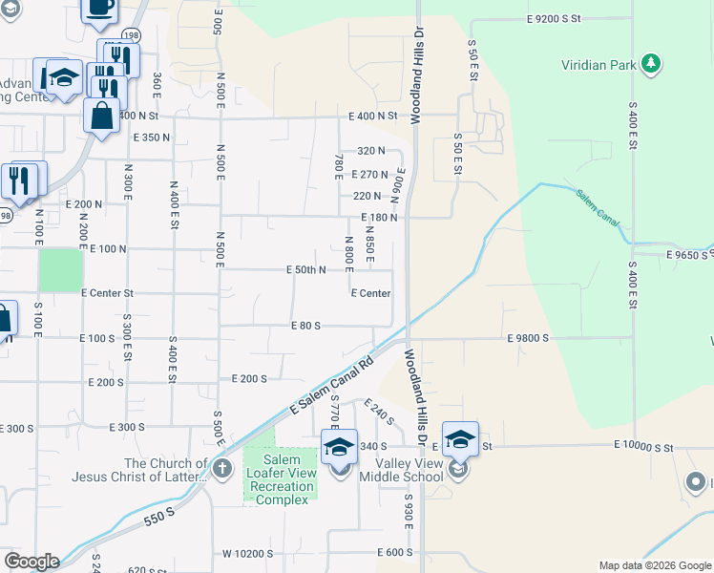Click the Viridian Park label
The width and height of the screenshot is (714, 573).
597,65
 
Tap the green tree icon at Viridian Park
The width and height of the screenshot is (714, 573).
651,64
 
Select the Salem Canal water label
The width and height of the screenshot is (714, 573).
598,208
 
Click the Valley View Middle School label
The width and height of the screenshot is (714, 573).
401,470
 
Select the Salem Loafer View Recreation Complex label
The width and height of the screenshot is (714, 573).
280,479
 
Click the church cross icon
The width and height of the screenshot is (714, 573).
221,468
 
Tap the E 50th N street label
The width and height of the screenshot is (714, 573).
306,270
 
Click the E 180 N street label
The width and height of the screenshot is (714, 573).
379,218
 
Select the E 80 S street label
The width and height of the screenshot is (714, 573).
305,326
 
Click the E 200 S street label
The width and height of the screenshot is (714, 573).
249,379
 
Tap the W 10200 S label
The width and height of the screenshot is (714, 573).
248,553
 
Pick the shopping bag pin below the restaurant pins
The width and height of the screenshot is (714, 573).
102,116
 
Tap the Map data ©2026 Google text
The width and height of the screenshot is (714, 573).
654,565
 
